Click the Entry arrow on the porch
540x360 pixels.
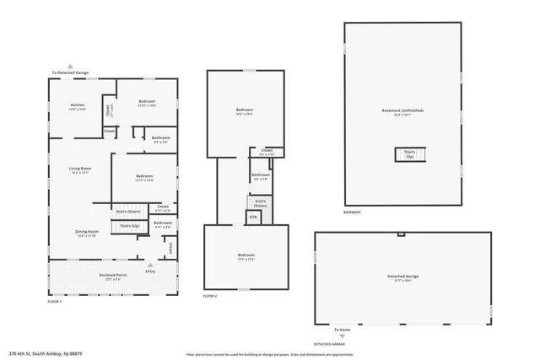pyautogui.click(x=150, y=265)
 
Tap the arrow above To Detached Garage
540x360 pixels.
pyautogui.click(x=70, y=67)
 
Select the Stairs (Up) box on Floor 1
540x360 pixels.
pyautogui.click(x=129, y=226)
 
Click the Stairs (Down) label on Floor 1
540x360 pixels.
pyautogui.click(x=128, y=211)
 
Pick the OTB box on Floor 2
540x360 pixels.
pyautogui.click(x=252, y=218)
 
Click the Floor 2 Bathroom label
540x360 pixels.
pyautogui.click(x=261, y=176)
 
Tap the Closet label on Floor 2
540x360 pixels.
pyautogui.click(x=266, y=154)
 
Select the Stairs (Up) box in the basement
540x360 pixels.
pyautogui.click(x=410, y=155)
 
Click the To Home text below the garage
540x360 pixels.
pyautogui.click(x=342, y=330)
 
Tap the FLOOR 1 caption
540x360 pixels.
pyautogui.click(x=55, y=301)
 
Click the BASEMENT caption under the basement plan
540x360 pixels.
pyautogui.click(x=353, y=212)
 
